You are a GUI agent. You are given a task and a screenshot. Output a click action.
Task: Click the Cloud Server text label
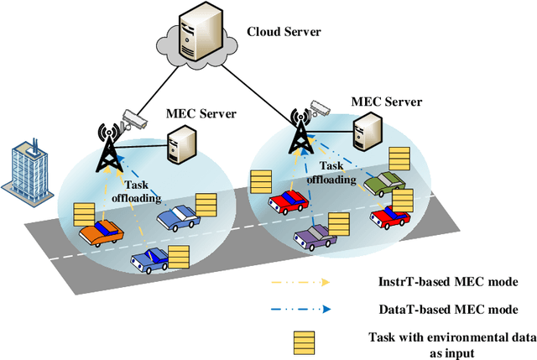[x=284, y=33]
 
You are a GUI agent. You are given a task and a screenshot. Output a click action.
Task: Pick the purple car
[x=315, y=237]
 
